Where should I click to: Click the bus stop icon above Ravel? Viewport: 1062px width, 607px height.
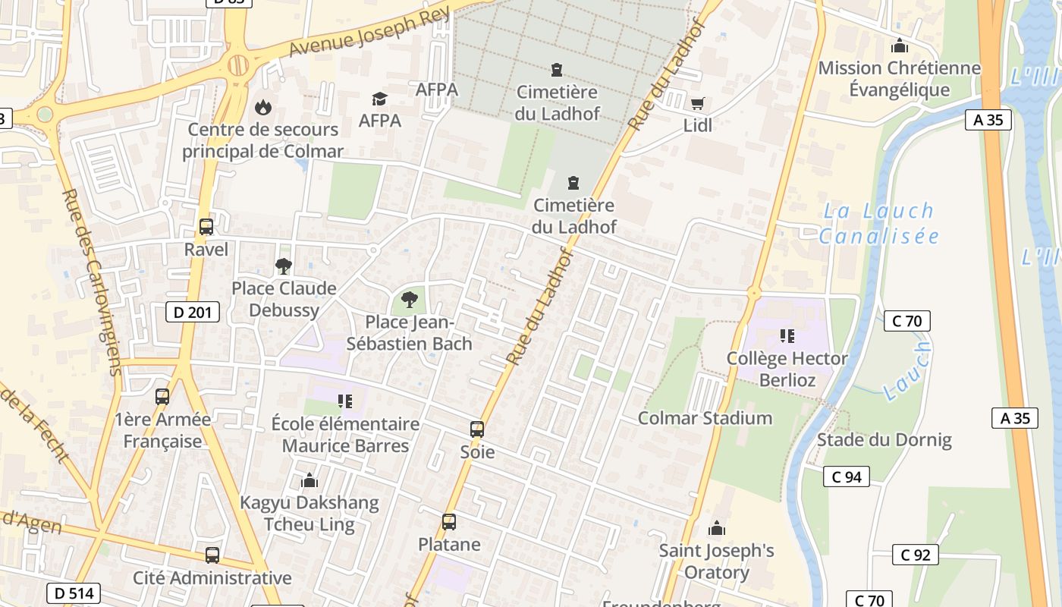(x=206, y=226)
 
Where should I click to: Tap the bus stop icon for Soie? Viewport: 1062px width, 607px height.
(x=477, y=429)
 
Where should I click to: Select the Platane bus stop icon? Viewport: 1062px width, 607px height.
(x=449, y=522)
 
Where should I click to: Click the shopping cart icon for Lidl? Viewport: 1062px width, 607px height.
(x=697, y=103)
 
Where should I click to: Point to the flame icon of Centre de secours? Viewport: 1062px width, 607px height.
(x=262, y=107)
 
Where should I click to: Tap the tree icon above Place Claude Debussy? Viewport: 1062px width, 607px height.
(x=284, y=266)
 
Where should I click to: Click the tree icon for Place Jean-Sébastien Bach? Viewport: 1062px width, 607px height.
(x=410, y=300)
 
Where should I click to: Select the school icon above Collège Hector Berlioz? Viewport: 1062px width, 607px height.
(x=787, y=335)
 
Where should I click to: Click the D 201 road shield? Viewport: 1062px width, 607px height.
(x=193, y=311)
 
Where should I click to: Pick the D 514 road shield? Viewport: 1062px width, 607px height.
(x=73, y=593)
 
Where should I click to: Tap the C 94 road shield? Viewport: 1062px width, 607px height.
(x=847, y=476)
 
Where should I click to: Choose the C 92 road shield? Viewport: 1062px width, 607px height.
(x=915, y=555)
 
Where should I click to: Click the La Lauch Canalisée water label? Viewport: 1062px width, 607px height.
(x=879, y=223)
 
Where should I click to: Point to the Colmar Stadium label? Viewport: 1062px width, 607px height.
(x=705, y=418)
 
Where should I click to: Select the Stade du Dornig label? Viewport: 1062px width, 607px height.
(x=884, y=439)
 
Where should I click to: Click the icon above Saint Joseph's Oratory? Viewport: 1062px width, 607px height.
(x=716, y=528)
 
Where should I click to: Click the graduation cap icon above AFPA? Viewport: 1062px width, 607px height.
(x=379, y=99)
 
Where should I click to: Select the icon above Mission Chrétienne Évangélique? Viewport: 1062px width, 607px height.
(x=900, y=46)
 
